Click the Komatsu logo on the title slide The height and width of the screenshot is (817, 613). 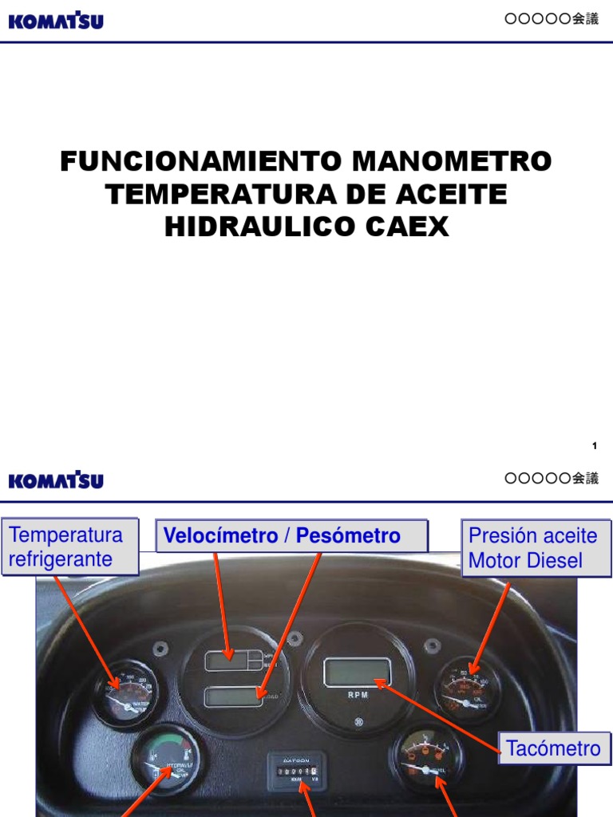tap(56, 20)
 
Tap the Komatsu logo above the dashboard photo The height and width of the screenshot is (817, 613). tap(56, 480)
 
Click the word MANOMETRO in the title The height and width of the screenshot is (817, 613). tap(452, 162)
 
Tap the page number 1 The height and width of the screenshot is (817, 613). tap(595, 446)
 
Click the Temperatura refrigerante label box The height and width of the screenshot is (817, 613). tap(71, 547)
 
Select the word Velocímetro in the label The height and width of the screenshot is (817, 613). tap(220, 536)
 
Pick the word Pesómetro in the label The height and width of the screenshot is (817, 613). tap(348, 536)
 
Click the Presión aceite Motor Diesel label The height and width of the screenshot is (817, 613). tap(536, 548)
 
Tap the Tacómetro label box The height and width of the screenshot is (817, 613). tap(552, 748)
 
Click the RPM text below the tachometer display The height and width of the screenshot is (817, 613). tap(358, 695)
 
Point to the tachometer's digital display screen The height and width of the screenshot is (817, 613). tap(357, 671)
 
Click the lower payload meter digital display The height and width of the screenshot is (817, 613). tap(234, 697)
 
